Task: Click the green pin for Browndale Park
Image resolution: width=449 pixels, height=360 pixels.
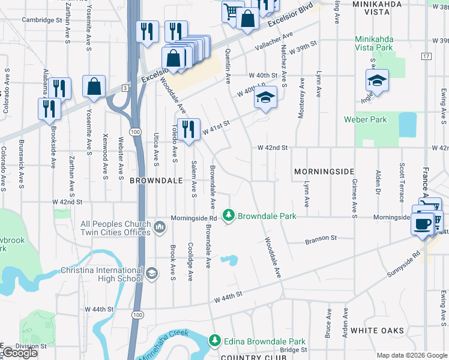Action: pyautogui.click(x=228, y=215)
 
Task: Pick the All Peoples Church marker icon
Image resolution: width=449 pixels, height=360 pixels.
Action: pyautogui.click(x=160, y=227)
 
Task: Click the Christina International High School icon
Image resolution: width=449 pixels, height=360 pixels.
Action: pyautogui.click(x=152, y=274)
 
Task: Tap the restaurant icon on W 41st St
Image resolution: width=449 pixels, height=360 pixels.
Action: pyautogui.click(x=188, y=129)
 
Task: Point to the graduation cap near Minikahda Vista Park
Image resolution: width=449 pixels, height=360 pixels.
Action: pyautogui.click(x=377, y=80)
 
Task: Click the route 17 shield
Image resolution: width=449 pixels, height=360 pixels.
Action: pyautogui.click(x=426, y=56)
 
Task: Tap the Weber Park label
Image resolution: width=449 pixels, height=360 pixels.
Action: pyautogui.click(x=365, y=119)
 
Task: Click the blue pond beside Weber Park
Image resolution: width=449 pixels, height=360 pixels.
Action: pyautogui.click(x=408, y=124)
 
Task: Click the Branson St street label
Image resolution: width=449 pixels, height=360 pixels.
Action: pyautogui.click(x=321, y=238)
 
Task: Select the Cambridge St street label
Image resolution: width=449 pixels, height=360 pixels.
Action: pyautogui.click(x=42, y=20)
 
